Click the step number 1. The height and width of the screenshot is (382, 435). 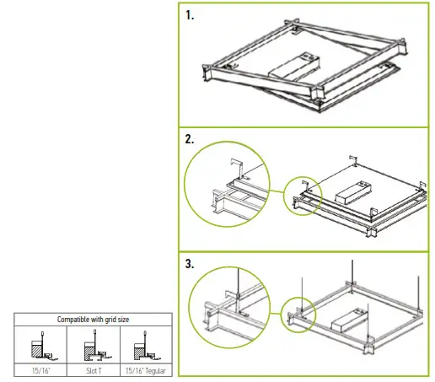tap(191, 16)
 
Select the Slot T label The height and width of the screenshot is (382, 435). tap(93, 370)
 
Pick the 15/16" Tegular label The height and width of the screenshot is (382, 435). tap(144, 370)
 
